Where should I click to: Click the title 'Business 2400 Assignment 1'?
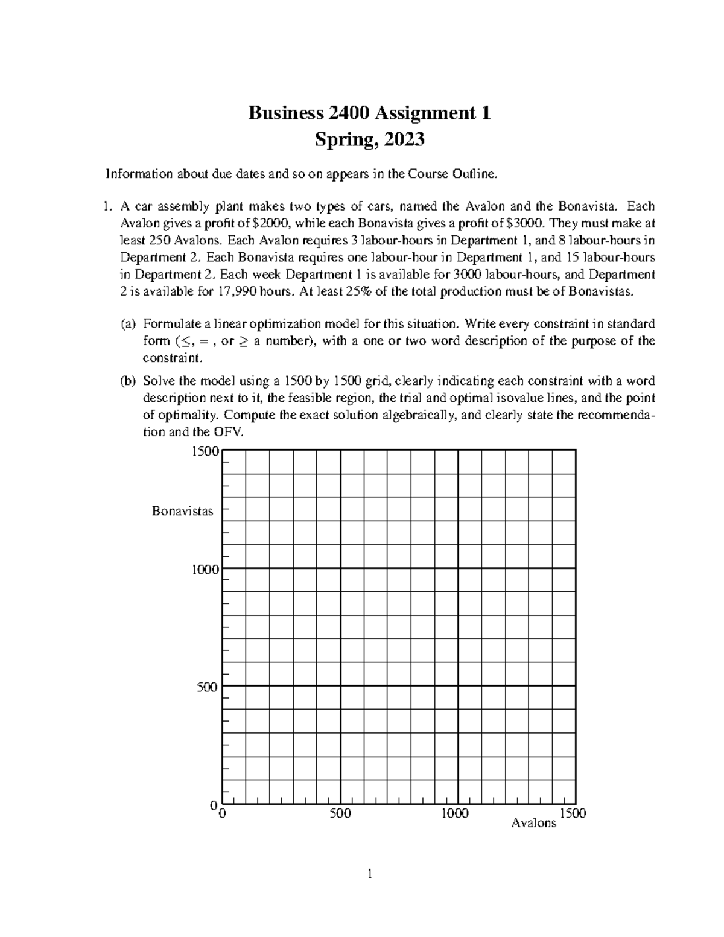370,113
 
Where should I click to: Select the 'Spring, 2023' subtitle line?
370,140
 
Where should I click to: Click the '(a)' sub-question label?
128,324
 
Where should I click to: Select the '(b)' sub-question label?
128,381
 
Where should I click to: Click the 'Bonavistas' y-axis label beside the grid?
182,512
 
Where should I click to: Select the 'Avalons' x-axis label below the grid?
533,823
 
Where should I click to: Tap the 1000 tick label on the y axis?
206,569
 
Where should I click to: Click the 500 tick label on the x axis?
340,813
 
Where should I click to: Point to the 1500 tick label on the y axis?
206,451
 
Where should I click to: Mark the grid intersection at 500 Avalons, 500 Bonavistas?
340,686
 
